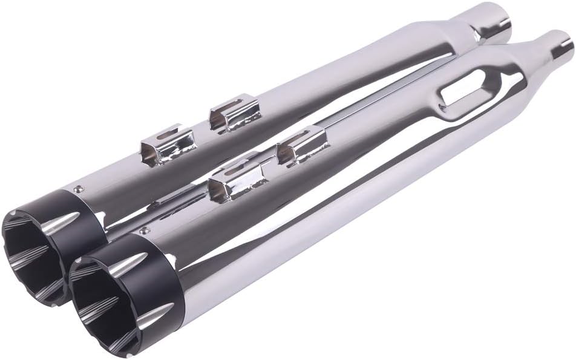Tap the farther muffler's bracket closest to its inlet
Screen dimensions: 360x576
(234, 113)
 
